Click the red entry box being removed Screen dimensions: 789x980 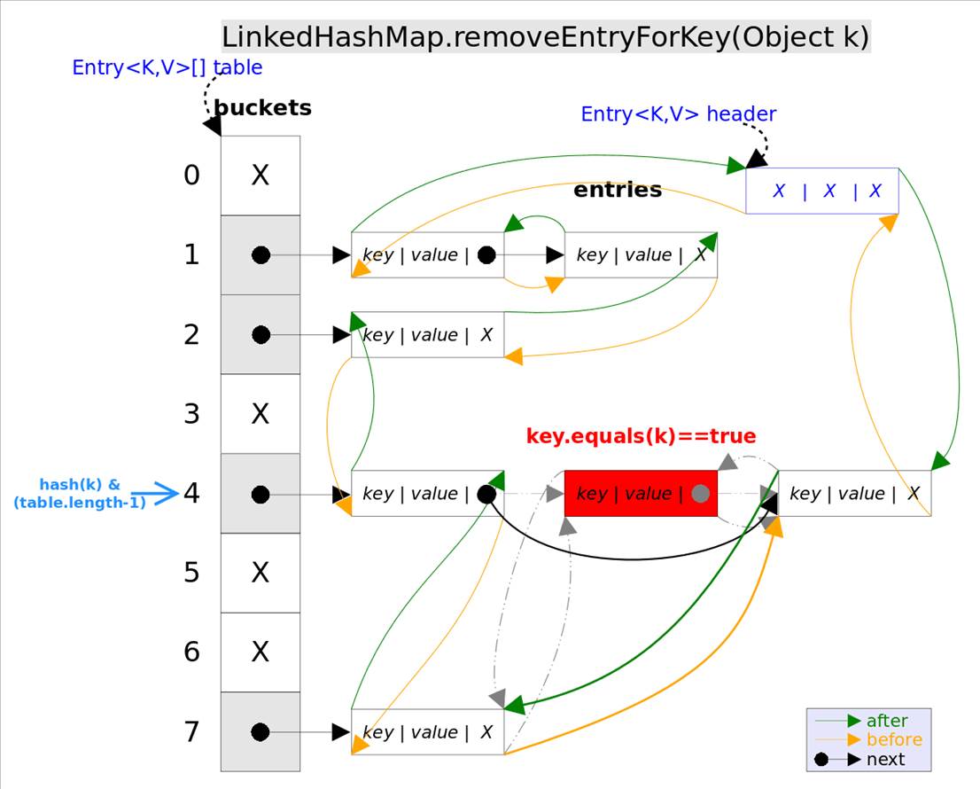640,493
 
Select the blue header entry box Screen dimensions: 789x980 821,191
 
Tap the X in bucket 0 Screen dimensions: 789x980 260,176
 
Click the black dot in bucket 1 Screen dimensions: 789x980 261,255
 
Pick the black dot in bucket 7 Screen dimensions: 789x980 260,732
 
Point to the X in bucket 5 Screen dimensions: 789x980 260,573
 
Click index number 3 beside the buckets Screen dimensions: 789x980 192,414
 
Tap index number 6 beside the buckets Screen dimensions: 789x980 192,652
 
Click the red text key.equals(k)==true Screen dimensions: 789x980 641,436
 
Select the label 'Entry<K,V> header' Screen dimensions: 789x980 678,114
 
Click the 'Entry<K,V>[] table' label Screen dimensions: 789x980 167,67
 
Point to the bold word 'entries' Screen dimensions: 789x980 618,190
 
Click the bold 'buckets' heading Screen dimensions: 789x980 263,108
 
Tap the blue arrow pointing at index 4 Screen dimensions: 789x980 160,494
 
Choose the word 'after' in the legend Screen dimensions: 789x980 887,721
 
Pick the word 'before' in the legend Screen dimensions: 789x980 894,739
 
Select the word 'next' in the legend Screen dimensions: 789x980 886,759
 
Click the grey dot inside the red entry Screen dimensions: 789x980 700,494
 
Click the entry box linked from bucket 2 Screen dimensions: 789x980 427,335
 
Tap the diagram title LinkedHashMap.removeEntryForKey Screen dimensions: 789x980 545,38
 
